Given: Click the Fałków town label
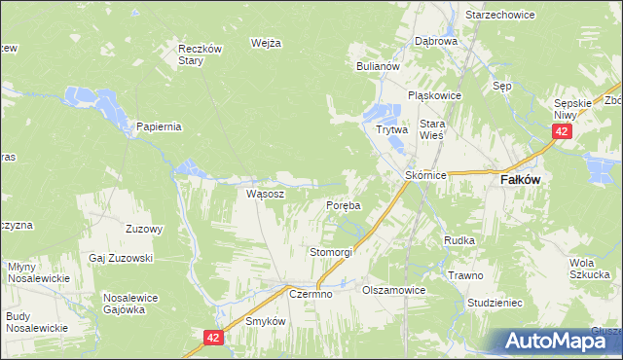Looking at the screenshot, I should (521, 180).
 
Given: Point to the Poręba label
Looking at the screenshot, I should (343, 206).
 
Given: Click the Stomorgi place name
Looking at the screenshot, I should (330, 252).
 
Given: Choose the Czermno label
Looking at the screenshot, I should (311, 294).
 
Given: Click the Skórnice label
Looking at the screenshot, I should (425, 175).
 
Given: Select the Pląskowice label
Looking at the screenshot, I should (433, 95).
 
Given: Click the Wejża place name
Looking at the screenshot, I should (266, 43).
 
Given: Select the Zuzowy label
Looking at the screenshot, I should (144, 230).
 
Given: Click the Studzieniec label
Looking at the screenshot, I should (495, 303).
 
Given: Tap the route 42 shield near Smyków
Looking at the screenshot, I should (214, 337).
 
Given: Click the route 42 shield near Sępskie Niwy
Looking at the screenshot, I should (561, 131).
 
